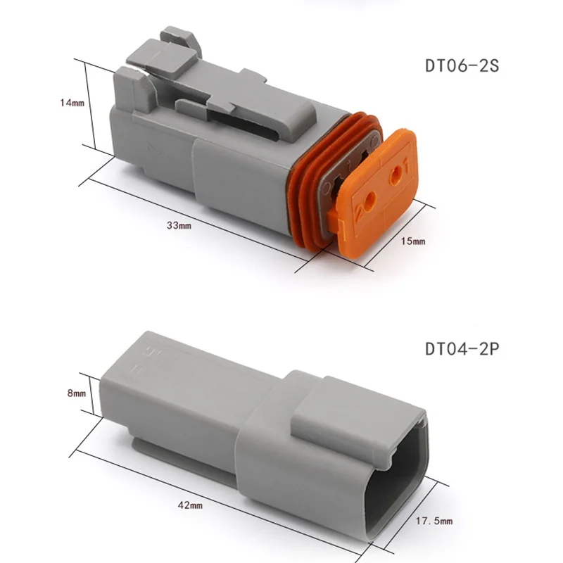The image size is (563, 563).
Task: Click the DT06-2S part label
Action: coord(462,65)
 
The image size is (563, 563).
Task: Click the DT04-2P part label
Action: coord(462,348)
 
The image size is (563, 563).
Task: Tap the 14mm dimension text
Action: coord(72,103)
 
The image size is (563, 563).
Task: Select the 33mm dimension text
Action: coord(179,225)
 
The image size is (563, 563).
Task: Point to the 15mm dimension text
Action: coord(413,241)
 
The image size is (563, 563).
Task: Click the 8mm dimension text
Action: coord(77,393)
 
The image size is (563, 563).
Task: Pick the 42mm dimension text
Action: coord(190,505)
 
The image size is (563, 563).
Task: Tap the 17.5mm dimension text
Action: coord(434,520)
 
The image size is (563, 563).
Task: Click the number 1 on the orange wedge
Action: coord(407,167)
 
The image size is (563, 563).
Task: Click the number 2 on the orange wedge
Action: coord(359,212)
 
